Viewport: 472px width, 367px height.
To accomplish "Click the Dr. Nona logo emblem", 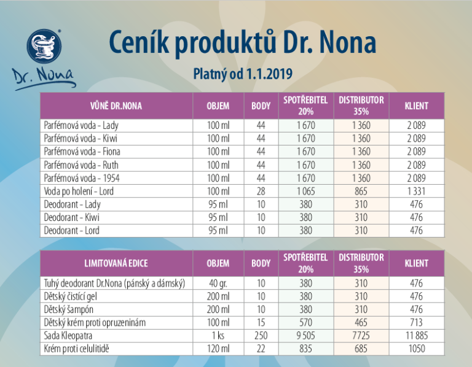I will pos(44,48).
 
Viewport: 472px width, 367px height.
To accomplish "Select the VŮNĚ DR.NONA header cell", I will pos(117,106).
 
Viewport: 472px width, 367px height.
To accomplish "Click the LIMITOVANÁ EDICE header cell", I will pos(117,263).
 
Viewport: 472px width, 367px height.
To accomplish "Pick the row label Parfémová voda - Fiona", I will pos(82,151).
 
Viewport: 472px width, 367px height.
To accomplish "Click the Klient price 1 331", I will pos(416,191).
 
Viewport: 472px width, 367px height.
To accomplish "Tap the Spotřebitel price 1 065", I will pos(305,191).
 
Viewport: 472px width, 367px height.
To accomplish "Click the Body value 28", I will pos(261,191).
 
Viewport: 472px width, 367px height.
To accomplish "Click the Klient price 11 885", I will pos(416,336).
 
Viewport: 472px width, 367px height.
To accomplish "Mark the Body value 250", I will pos(261,336).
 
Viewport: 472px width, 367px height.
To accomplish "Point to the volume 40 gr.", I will pos(218,283).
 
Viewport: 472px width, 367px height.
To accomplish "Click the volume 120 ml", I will pos(218,349).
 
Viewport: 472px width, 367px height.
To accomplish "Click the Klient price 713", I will pos(416,322).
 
